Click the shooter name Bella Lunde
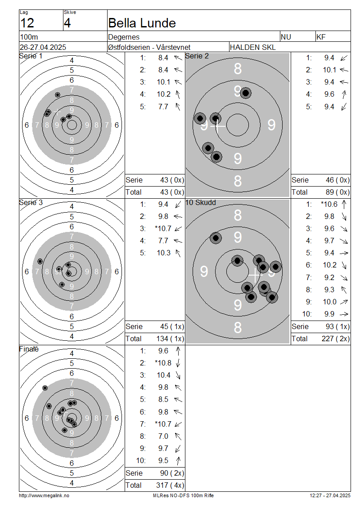(142, 23)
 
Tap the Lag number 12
(27, 23)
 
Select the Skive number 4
(67, 23)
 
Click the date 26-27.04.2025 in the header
(43, 47)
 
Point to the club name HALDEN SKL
(252, 47)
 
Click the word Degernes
(124, 37)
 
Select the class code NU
(286, 37)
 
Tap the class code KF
(321, 37)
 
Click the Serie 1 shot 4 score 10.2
(163, 94)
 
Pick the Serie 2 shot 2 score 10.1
(329, 70)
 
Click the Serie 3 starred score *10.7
(163, 229)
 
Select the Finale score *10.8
(163, 363)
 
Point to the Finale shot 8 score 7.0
(163, 437)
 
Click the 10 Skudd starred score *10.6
(329, 205)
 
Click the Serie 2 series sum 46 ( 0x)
(337, 180)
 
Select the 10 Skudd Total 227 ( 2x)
(336, 339)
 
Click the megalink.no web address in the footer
(44, 496)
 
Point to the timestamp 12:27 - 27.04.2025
(330, 496)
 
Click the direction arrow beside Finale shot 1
(178, 351)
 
